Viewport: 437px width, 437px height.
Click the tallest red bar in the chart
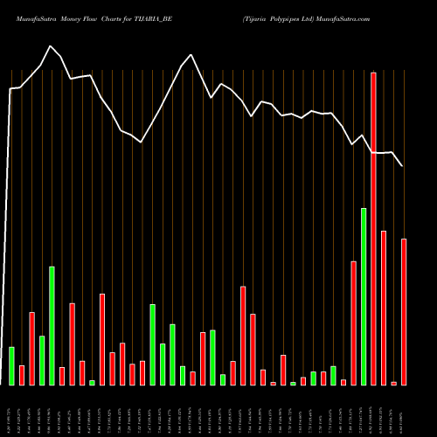click(373, 228)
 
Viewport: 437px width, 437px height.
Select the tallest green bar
click(364, 296)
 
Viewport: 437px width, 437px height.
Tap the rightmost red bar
click(404, 311)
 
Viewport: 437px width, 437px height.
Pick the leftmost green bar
click(11, 365)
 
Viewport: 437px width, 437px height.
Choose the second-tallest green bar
click(52, 325)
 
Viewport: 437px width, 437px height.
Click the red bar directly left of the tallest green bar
click(353, 323)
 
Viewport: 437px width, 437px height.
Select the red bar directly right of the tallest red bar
click(384, 308)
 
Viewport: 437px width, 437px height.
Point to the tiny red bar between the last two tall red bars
click(394, 383)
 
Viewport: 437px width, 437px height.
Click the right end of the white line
click(403, 165)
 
